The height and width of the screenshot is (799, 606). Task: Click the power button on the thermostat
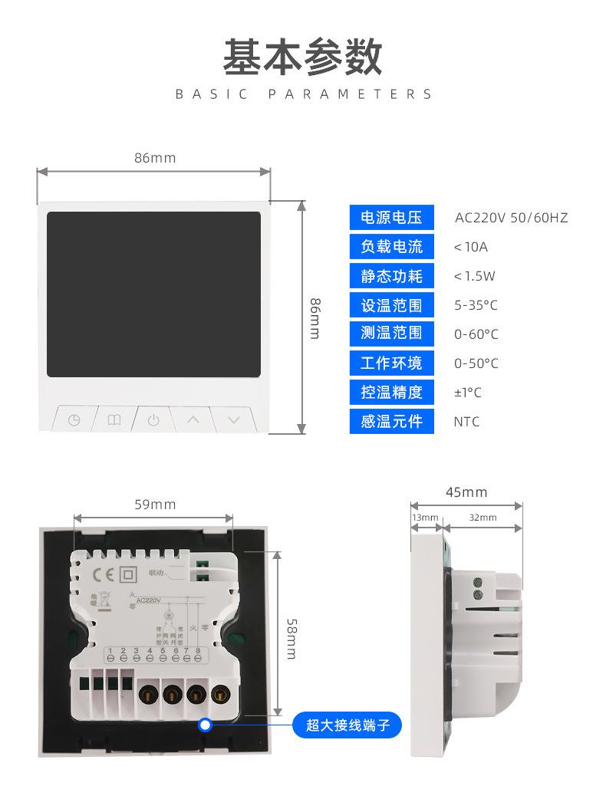153,420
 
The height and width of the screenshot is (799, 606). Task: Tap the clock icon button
74,420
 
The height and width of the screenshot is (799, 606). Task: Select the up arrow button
193,420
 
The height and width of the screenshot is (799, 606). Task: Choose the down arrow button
234,420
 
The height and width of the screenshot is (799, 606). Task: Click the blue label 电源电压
391,218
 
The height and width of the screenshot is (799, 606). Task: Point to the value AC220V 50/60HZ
511,218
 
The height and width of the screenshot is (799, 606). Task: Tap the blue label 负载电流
391,247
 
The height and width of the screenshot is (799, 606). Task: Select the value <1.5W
474,276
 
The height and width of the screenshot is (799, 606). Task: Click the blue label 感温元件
391,421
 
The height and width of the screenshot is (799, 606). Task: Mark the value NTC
466,421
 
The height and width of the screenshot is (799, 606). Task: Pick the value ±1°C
468,393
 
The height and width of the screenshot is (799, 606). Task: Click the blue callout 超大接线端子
347,725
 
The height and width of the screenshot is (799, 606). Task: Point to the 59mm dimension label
155,505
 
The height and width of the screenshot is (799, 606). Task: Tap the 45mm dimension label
466,492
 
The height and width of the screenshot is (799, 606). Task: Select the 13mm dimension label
425,518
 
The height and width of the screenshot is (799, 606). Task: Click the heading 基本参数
302,58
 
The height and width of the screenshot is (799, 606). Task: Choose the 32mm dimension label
482,518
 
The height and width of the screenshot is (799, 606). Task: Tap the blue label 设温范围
391,305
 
